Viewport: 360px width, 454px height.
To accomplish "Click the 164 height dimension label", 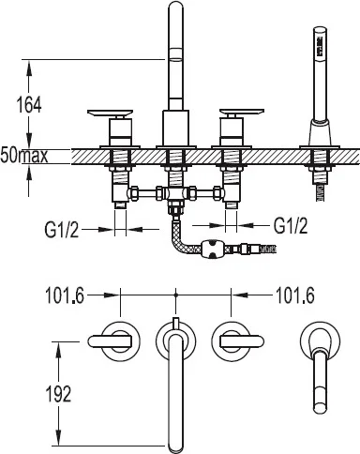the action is click(29, 105).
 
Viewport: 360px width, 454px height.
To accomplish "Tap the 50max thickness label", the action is click(24, 156).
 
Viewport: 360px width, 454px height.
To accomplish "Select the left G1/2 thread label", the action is click(62, 231).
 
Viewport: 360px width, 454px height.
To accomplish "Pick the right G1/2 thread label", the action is click(291, 225).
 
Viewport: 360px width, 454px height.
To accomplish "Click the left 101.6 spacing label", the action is click(65, 295).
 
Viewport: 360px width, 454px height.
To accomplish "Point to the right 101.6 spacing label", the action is click(295, 295).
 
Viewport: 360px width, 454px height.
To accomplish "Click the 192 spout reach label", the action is click(58, 394).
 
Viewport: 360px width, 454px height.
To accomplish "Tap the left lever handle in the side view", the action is click(111, 113).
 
